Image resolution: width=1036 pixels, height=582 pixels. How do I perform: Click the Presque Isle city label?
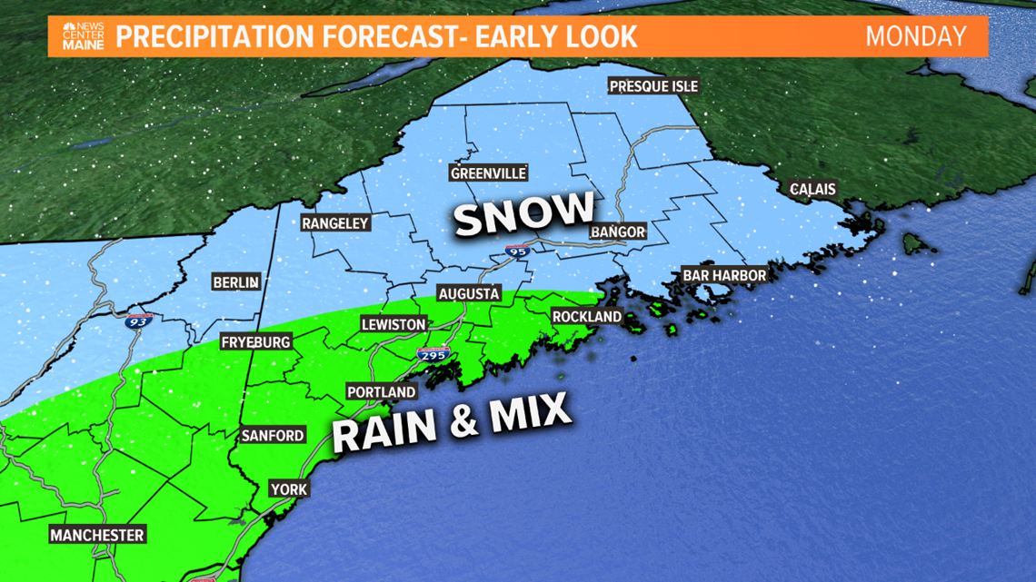653,86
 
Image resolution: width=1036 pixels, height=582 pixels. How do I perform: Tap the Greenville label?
488,173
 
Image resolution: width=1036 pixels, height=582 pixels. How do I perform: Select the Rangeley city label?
335,223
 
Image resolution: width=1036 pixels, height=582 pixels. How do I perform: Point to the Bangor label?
618,232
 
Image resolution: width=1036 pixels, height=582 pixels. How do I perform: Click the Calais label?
812,190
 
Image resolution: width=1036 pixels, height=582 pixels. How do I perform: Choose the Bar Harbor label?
724,275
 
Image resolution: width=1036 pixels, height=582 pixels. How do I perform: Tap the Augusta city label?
469,294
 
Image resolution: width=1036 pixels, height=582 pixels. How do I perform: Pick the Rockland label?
586,317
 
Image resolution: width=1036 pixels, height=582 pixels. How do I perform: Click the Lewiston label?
393,324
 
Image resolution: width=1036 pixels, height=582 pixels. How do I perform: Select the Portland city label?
382,392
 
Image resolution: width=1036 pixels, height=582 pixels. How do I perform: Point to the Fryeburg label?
255,342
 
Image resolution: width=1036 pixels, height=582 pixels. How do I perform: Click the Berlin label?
235,283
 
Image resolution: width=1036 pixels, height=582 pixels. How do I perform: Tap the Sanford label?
273,436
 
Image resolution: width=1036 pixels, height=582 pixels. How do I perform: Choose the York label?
289,489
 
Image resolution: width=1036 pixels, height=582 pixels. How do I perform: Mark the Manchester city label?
97,535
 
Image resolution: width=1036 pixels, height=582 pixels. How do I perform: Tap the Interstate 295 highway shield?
433,355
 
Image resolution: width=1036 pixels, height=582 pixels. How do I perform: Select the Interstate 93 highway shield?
138,320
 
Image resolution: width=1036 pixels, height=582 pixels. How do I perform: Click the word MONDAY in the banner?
915,37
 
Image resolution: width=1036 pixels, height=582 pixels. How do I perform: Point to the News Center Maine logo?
83,36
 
